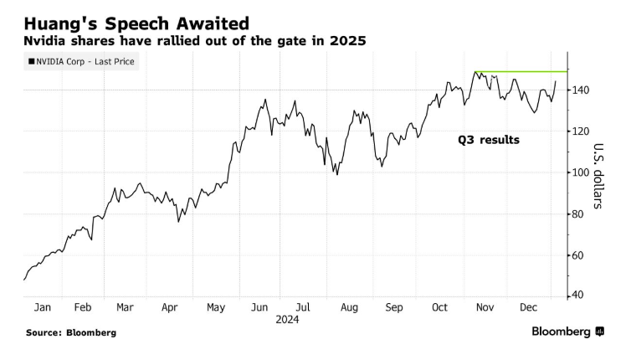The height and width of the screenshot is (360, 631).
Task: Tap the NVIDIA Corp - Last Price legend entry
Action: click(x=83, y=61)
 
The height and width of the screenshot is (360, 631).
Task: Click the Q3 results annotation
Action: click(x=488, y=141)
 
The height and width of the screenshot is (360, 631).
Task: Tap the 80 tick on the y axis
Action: click(x=580, y=213)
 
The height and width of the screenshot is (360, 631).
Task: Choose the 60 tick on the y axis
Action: click(x=580, y=255)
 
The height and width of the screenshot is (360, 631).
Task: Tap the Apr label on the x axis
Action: click(x=170, y=307)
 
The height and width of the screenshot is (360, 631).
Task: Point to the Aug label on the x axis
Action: click(x=349, y=307)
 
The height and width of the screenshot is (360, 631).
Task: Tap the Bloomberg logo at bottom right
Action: click(x=567, y=332)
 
